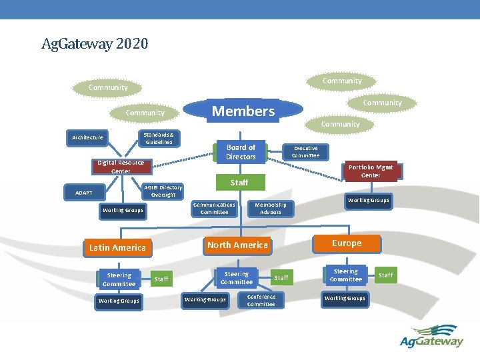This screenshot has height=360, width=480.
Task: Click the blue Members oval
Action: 243,111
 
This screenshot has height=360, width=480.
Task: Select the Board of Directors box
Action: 241,152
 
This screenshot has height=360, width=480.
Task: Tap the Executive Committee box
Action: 305,152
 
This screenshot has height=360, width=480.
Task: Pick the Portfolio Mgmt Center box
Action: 371,171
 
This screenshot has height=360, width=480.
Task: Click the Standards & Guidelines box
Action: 159,138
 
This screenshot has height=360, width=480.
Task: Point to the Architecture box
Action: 88,138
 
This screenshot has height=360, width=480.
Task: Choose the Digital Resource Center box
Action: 121,167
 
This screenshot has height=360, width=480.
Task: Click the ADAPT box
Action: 84,193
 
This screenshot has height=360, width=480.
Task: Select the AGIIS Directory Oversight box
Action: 163,191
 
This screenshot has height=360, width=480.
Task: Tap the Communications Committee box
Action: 214,209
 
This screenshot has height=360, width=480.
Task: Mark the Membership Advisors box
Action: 271,209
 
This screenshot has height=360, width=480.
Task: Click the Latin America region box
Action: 117,247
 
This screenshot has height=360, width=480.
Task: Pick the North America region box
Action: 237,245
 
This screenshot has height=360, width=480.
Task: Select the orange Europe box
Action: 347,243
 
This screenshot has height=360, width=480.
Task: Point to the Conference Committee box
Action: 261,301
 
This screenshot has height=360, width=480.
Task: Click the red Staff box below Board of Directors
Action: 239,182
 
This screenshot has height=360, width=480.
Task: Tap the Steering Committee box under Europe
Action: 345,275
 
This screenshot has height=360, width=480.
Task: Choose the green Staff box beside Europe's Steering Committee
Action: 385,275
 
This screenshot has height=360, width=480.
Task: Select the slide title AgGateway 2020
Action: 95,45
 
